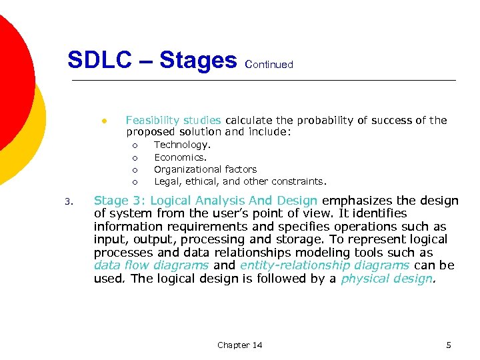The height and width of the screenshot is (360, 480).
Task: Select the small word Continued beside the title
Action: pyautogui.click(x=269, y=65)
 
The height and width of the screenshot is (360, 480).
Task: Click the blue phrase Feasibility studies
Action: pyautogui.click(x=173, y=121)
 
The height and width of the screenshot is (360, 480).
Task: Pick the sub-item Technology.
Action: pyautogui.click(x=183, y=145)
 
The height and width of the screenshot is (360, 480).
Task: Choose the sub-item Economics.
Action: pyautogui.click(x=181, y=157)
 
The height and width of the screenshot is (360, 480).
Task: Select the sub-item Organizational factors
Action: pyautogui.click(x=205, y=169)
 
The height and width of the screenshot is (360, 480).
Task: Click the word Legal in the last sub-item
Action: pyautogui.click(x=167, y=181)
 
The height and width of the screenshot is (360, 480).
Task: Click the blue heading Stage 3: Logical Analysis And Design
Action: pyautogui.click(x=206, y=201)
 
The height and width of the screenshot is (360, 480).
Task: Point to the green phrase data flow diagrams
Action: pyautogui.click(x=151, y=265)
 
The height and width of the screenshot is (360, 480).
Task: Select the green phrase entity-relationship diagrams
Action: pyautogui.click(x=325, y=265)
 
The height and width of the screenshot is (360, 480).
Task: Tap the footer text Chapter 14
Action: pyautogui.click(x=239, y=345)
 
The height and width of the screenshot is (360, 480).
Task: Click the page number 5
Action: pyautogui.click(x=449, y=345)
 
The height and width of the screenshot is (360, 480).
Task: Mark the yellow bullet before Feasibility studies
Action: pyautogui.click(x=104, y=121)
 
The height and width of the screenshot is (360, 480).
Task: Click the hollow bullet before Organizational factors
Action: pyautogui.click(x=134, y=170)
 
